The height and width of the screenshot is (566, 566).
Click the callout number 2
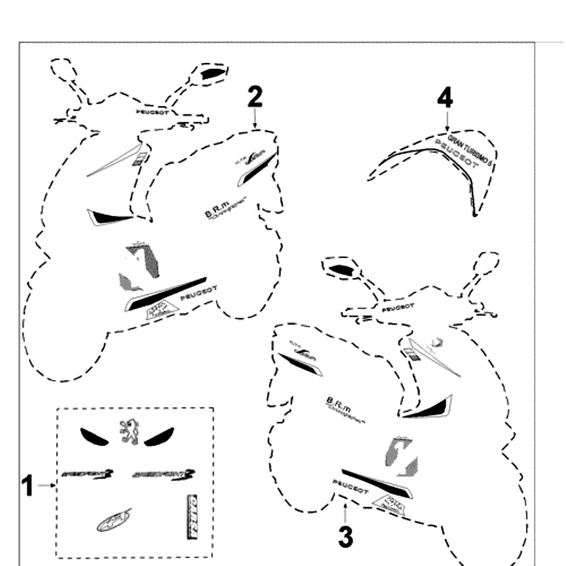[255, 96]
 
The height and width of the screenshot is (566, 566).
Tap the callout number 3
[345, 537]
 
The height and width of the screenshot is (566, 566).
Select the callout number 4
[445, 98]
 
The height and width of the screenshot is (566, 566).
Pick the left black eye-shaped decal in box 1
[93, 437]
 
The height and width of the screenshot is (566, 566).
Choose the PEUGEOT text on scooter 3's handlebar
[397, 308]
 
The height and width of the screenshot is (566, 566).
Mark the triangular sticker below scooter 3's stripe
[388, 503]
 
